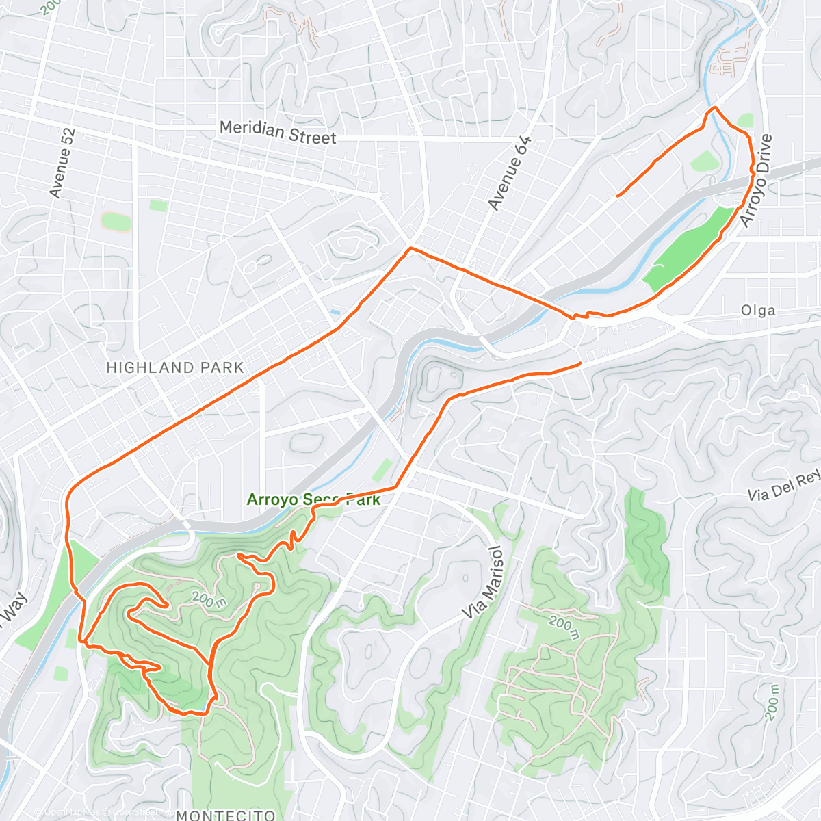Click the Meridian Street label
point(278,132)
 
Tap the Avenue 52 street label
point(63,163)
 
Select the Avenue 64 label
point(510,173)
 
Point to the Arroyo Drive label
point(757,181)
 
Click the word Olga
point(758,311)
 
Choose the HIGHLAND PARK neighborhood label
point(175,368)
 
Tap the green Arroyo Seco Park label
point(313,499)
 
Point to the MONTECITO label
point(226,814)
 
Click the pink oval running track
point(116,222)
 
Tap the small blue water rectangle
point(334,312)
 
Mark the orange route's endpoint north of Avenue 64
point(618,196)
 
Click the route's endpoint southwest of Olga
point(580,363)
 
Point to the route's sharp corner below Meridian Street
point(409,248)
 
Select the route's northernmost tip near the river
point(715,108)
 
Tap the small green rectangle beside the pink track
point(158,205)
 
